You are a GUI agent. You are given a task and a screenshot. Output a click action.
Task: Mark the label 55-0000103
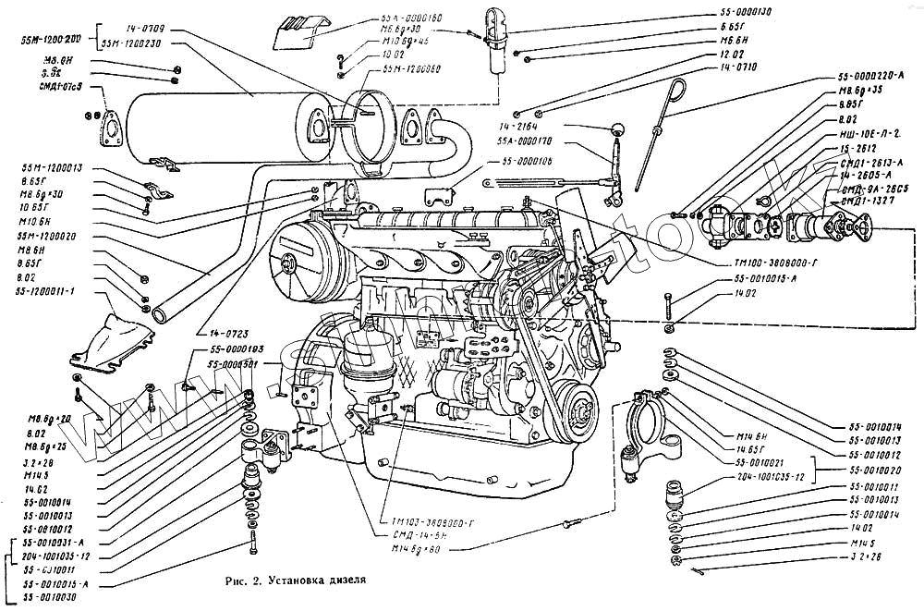pyautogui.click(x=237, y=349)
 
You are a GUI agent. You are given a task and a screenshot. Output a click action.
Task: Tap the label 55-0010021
pyautogui.click(x=760, y=460)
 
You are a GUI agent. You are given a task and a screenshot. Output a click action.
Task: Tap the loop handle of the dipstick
pyautogui.click(x=678, y=90)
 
